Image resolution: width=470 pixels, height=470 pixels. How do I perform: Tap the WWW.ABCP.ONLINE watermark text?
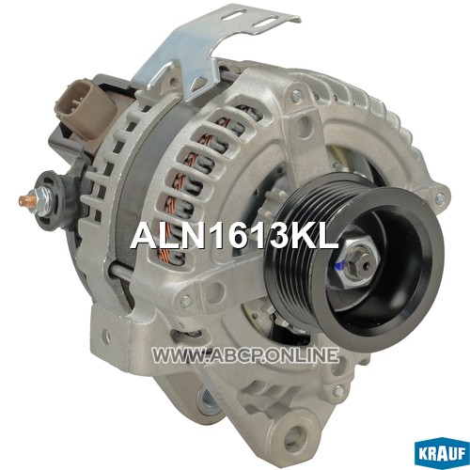[x=245, y=355]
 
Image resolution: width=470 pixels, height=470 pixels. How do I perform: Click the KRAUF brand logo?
[x=442, y=454]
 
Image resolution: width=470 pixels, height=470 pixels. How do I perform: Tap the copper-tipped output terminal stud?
[x=27, y=198]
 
